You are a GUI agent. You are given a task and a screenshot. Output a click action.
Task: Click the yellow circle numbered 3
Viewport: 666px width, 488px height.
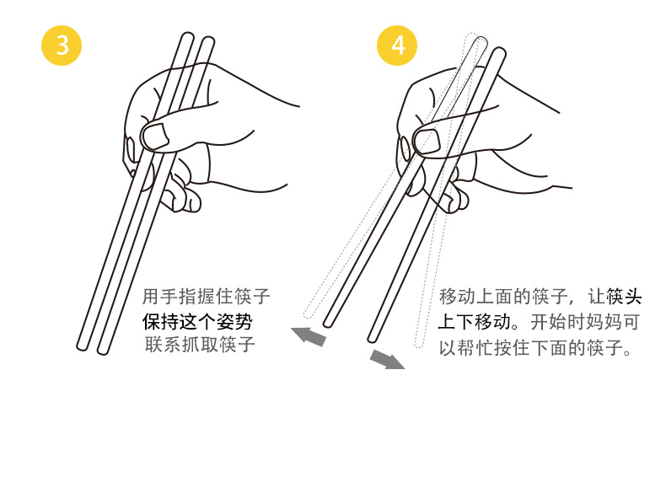(x=62, y=46)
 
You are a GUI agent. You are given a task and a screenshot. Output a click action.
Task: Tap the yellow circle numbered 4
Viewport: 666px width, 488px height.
(x=397, y=46)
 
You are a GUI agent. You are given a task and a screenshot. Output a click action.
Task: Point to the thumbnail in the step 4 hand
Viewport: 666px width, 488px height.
(x=427, y=142)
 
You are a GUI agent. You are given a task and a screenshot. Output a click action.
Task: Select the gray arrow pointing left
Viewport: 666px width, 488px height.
(x=309, y=335)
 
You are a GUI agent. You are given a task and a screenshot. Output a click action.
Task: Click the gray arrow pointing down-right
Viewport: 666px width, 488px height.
(x=387, y=359)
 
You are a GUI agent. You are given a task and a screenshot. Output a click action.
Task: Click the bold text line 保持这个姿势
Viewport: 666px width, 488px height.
(x=197, y=321)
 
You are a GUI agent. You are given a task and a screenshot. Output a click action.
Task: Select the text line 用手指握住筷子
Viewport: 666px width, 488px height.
(x=206, y=296)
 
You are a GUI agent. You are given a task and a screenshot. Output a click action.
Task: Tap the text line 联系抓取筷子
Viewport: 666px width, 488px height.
(x=200, y=344)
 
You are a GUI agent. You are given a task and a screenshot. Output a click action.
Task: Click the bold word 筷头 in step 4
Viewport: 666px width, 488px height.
(x=624, y=296)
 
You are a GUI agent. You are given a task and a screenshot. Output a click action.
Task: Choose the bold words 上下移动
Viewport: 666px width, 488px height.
(x=474, y=321)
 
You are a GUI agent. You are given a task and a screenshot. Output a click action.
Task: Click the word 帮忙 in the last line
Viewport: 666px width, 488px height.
(x=475, y=348)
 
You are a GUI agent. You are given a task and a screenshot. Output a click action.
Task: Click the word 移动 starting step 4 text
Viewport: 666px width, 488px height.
(x=457, y=296)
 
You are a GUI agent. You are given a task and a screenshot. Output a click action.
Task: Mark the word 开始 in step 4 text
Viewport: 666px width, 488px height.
(x=548, y=322)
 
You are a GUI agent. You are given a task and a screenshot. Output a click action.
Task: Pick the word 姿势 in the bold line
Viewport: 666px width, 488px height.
(x=235, y=321)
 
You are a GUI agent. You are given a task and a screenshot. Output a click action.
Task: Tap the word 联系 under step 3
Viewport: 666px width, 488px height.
(x=163, y=344)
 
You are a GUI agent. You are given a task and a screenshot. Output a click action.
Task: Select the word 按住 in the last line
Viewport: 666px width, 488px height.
(x=512, y=348)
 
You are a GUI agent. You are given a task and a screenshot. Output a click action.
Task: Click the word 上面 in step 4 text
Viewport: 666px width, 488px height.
(x=493, y=296)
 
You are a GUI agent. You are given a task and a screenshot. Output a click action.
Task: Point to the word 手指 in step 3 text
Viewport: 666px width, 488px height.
(x=179, y=296)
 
